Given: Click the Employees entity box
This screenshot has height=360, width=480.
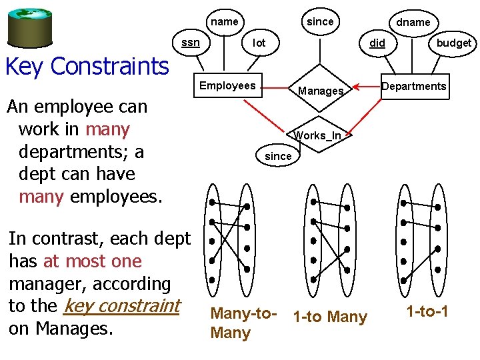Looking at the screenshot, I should coord(227,86).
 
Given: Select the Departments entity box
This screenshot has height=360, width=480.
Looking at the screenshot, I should coord(414,87).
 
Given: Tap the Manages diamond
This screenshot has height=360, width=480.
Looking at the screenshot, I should coord(321,91).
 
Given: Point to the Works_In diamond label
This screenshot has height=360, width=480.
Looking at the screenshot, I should coord(319,136).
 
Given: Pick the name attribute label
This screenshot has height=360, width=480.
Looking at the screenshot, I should coord(225,22).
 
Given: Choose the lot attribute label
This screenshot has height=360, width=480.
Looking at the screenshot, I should coord(259,43).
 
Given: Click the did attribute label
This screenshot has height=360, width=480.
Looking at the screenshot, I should coord(377,43).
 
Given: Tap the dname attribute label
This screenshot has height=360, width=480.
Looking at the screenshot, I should coord(413,23).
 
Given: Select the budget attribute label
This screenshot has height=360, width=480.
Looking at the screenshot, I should coord(453,43).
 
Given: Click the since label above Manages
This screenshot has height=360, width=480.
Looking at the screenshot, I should coord(320,22).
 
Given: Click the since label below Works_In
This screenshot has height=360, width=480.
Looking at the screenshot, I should coord(278,156).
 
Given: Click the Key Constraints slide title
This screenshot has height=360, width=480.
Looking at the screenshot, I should coord(87,67).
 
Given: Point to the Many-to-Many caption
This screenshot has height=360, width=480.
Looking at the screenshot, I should coord(241,323).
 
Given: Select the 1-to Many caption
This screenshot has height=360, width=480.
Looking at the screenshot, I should coord(330,317).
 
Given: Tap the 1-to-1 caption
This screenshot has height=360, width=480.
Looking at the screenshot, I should coord(427,311).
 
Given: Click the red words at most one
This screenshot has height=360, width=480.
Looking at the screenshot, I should coord(92,261).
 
